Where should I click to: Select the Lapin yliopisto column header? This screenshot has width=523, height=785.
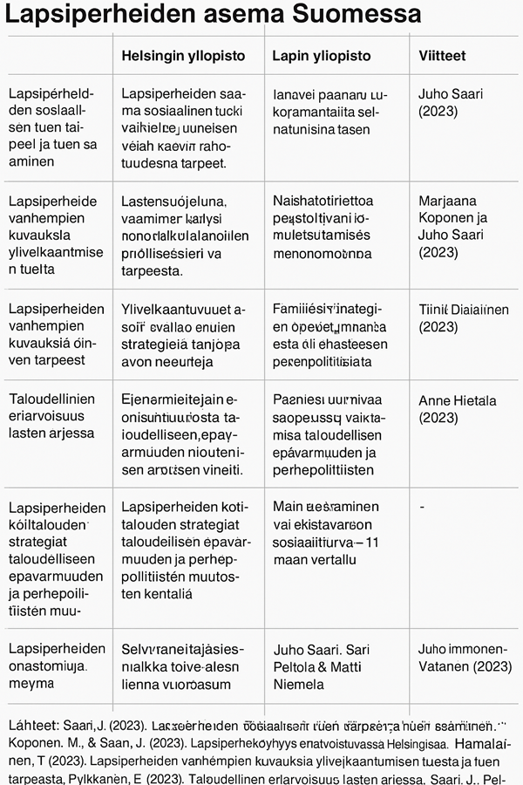click(322, 56)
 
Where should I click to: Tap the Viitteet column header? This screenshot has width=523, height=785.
click(442, 56)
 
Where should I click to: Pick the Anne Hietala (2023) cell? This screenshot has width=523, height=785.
click(457, 409)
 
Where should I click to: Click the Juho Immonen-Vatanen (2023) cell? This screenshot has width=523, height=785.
click(462, 658)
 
